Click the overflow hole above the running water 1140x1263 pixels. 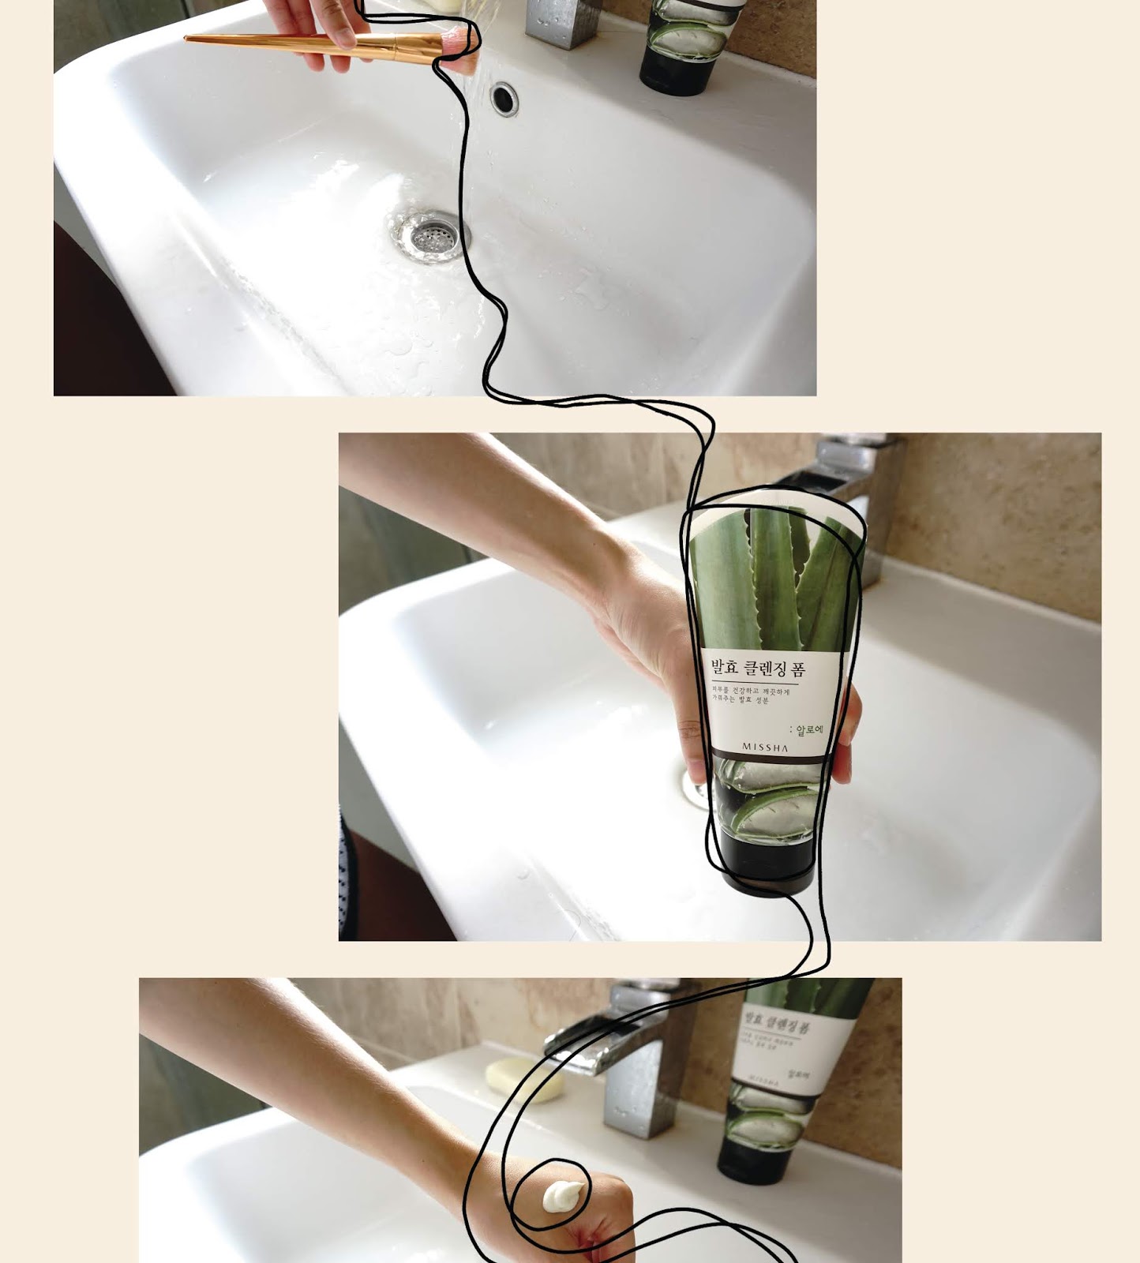click(x=504, y=98)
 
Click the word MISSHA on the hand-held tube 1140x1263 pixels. click(x=764, y=748)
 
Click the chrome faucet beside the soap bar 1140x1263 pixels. click(x=632, y=1058)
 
